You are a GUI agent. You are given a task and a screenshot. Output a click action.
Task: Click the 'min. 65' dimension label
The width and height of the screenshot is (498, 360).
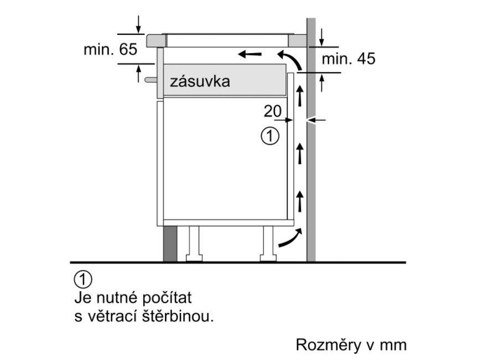(x=110, y=49)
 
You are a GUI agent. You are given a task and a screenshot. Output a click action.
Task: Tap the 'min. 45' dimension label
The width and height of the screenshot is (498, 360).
(x=349, y=59)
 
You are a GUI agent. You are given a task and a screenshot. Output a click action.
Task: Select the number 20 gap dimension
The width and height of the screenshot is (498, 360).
(x=272, y=111)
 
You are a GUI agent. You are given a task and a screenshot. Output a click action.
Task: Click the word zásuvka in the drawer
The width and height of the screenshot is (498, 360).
(x=200, y=81)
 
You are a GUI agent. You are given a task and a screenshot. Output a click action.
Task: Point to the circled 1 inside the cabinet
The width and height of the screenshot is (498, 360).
(x=270, y=136)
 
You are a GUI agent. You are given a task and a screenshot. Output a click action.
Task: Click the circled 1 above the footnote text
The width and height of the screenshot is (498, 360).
(x=83, y=280)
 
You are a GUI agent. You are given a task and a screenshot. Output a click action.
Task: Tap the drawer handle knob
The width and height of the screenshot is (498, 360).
(x=151, y=80)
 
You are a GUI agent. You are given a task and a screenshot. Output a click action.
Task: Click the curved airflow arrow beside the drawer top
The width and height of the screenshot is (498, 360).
(x=292, y=58)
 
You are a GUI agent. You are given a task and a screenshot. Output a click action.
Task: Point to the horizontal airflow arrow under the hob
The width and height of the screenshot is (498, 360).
(x=250, y=54)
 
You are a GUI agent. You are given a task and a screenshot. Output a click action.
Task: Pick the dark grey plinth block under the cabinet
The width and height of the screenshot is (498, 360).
(x=170, y=244)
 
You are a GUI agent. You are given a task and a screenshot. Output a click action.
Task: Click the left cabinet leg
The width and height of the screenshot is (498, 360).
(x=194, y=244)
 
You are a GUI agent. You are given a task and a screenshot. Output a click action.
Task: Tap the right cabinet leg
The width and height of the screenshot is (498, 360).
(x=268, y=244)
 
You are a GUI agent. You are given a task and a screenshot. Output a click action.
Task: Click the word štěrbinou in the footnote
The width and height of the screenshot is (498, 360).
(x=178, y=316)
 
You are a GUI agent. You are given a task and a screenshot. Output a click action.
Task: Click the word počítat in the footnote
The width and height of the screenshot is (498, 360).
(x=167, y=298)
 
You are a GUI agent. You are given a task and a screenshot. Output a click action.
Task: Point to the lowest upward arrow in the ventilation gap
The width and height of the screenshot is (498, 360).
(x=299, y=201)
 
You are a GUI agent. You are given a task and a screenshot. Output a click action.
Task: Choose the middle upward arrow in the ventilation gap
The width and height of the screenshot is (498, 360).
(x=299, y=153)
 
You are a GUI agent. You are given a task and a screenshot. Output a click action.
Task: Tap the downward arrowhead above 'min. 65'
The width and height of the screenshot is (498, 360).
(x=138, y=29)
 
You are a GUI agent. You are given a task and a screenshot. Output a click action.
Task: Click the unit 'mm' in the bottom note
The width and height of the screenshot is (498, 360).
(x=393, y=346)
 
